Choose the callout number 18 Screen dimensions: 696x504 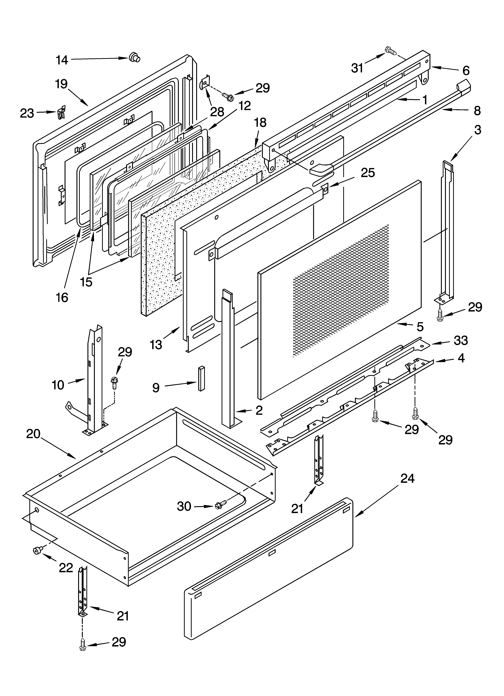260,123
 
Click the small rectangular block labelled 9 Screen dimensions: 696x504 201,378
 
